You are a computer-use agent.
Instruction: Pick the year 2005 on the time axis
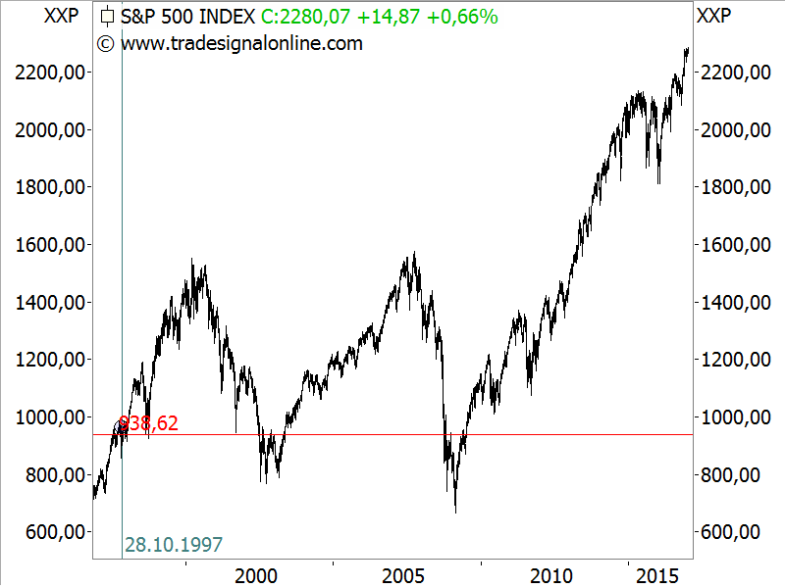404,574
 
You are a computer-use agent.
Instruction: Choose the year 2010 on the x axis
551,574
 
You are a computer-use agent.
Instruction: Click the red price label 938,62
148,423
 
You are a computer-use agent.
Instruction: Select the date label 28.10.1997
175,544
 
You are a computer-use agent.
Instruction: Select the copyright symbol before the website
105,43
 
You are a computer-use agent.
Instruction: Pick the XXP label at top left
62,17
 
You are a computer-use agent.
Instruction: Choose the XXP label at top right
712,17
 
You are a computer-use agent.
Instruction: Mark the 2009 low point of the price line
455,512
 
